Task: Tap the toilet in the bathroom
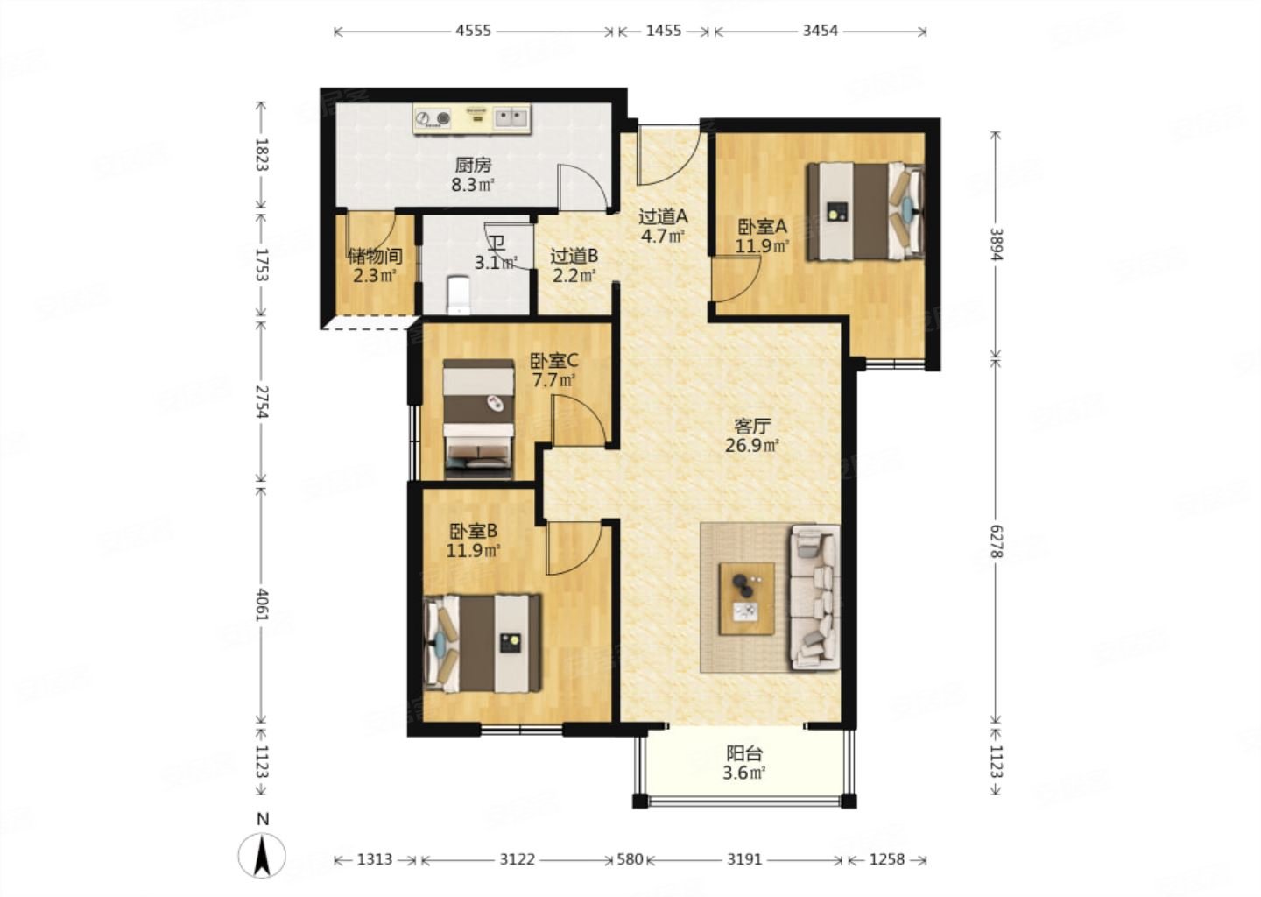tap(458, 294)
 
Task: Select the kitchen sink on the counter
tap(511, 118)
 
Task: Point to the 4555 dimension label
tap(473, 31)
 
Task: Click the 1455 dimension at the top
tap(664, 31)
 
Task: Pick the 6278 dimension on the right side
tap(997, 541)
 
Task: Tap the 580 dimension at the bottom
tap(630, 859)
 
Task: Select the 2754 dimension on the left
tap(262, 401)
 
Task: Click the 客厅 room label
tap(752, 426)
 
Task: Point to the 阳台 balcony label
tap(744, 753)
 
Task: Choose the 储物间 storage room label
tap(375, 256)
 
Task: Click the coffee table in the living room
tap(746, 598)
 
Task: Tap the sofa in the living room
tap(814, 597)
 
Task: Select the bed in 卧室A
tap(864, 212)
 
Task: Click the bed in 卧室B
tap(482, 643)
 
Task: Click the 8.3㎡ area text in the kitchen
tap(473, 184)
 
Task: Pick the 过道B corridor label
tap(574, 256)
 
